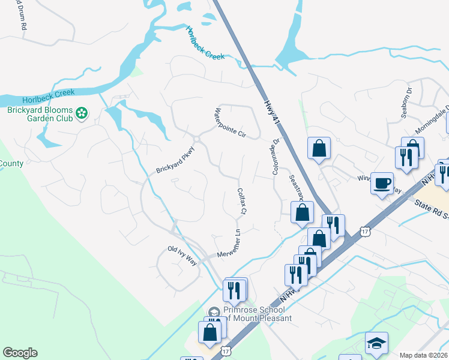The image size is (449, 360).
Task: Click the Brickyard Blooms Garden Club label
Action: [40, 114]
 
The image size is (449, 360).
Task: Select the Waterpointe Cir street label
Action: [231, 123]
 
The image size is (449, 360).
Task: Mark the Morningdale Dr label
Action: [433, 121]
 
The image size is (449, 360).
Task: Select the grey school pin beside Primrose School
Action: [214, 311]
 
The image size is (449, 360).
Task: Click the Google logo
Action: [20, 353]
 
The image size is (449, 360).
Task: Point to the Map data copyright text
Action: [423, 355]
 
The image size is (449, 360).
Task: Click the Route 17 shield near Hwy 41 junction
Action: [365, 231]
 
